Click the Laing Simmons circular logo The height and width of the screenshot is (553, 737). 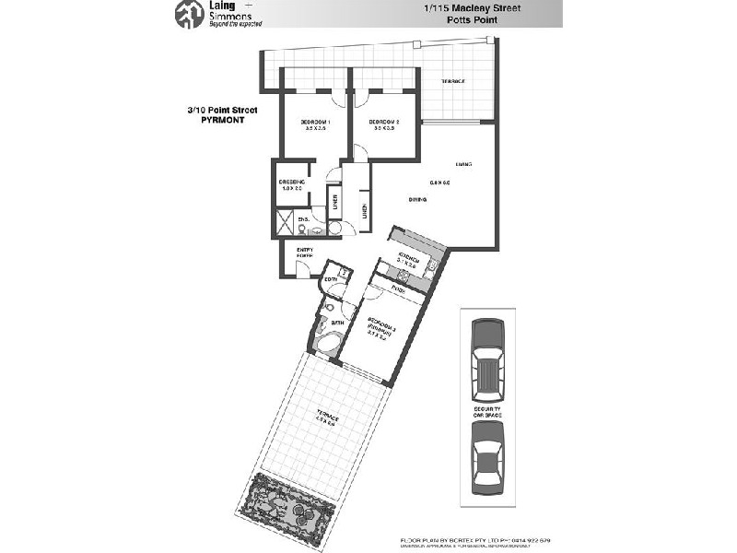pos(188,16)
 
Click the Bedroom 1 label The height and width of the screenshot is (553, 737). pos(316,124)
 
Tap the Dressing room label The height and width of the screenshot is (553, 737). pos(292,184)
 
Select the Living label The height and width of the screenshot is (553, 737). pos(463,164)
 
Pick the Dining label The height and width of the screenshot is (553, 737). pos(417,199)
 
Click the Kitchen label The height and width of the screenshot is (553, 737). pos(409,257)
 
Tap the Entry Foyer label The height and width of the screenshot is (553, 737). pos(305,252)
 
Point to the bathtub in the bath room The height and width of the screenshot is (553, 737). pos(327,344)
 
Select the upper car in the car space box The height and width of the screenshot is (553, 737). pos(485,353)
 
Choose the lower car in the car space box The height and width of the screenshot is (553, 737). pos(485,465)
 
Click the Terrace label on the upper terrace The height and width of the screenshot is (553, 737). pos(452,82)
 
